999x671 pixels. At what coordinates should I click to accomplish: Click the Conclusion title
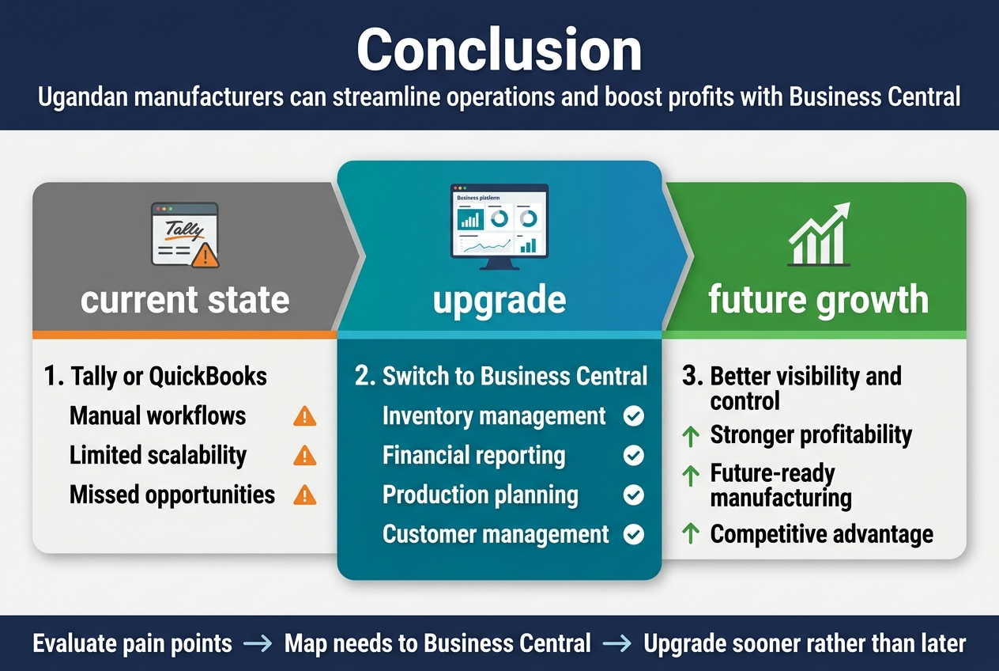click(499, 49)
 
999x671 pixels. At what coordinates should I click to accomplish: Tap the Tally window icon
click(185, 235)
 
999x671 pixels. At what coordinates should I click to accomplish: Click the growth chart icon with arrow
click(819, 234)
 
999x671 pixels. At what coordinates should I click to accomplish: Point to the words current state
click(185, 300)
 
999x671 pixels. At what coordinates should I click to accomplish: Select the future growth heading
click(819, 300)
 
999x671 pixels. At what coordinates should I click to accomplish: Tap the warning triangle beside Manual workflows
click(305, 416)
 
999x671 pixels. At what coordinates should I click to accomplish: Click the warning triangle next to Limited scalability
click(305, 455)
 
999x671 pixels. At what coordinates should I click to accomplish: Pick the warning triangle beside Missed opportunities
click(305, 495)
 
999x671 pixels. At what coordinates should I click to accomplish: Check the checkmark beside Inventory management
click(634, 416)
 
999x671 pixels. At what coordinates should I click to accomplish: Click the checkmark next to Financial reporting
click(634, 455)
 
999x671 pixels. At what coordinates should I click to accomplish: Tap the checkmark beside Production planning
click(634, 495)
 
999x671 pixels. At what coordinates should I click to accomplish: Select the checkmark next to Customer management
click(634, 534)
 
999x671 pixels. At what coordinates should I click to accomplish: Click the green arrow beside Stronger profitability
click(691, 436)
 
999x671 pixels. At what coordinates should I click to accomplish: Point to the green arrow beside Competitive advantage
click(691, 533)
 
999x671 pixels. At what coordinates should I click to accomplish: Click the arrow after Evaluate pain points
click(258, 643)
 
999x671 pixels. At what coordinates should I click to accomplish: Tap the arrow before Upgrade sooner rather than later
click(616, 643)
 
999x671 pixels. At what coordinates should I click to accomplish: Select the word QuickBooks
click(208, 376)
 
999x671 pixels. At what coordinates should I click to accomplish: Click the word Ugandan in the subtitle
click(84, 97)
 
